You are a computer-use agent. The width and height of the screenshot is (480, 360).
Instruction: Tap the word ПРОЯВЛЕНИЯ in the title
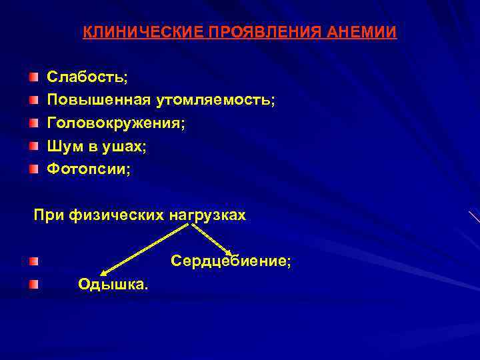252,33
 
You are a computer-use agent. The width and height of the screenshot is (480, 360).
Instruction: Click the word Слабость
86,77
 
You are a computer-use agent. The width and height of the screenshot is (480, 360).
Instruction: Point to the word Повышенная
99,100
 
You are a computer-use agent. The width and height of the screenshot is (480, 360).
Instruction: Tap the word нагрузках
207,215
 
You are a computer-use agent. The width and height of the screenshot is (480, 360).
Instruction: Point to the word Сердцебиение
231,261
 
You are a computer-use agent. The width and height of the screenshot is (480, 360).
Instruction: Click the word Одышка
113,285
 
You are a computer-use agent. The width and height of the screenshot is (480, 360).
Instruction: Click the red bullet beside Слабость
33,77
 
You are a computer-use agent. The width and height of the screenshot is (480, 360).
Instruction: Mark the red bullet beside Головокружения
33,124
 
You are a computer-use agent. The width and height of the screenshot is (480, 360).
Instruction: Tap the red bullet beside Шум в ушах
33,147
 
